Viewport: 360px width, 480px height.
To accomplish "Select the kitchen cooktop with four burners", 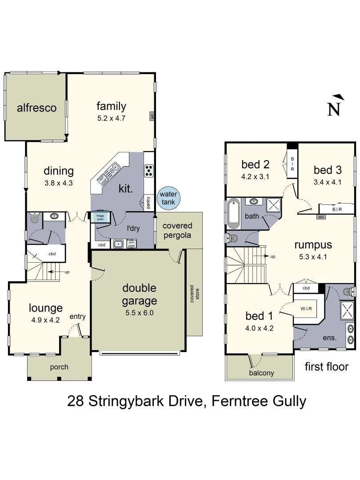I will click(149, 170).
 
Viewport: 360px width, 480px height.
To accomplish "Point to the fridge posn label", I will click(100, 217).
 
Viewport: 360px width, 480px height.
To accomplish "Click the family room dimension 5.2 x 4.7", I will click(111, 118).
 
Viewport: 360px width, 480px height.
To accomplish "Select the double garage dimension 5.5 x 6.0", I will click(140, 312).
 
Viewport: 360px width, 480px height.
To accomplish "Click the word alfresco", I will click(36, 108).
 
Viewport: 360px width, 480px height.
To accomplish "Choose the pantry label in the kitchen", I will click(148, 202).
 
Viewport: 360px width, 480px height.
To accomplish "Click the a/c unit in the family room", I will click(152, 116).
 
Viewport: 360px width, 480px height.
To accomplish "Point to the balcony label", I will click(261, 373).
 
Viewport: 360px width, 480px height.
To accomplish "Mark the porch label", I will click(59, 367).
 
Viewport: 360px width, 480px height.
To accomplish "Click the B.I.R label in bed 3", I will click(336, 209).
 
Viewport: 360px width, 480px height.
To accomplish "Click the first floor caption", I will click(326, 367).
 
